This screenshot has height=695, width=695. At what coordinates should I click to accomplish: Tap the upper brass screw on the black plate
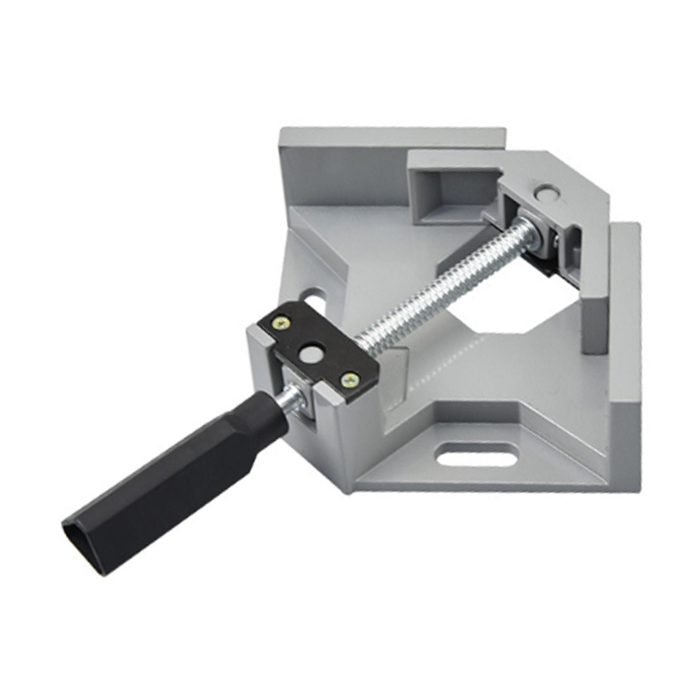[x=281, y=323]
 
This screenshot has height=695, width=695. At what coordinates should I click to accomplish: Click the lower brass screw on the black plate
[x=350, y=380]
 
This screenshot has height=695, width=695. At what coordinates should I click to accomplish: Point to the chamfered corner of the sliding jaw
[x=577, y=174]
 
